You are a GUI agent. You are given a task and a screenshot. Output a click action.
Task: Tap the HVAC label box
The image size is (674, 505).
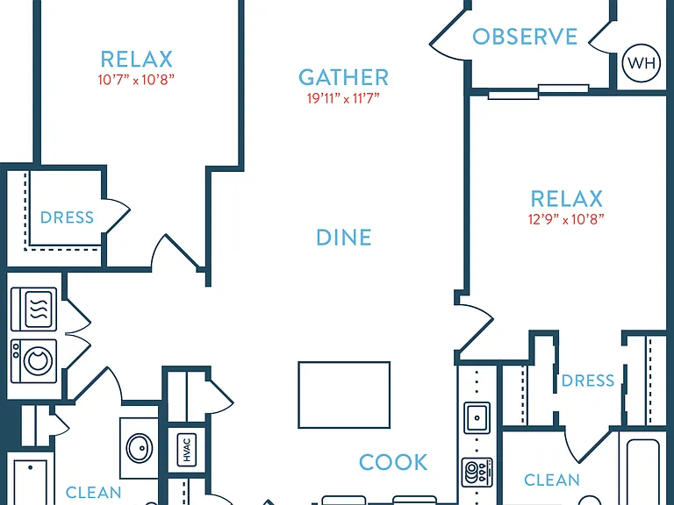pyautogui.click(x=187, y=450)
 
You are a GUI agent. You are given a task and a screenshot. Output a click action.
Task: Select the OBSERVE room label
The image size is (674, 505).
pyautogui.click(x=525, y=37)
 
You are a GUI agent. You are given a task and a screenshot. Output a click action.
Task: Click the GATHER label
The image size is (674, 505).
pyautogui.click(x=343, y=78)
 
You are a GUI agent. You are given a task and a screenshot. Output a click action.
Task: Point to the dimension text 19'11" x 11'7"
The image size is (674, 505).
pyautogui.click(x=343, y=98)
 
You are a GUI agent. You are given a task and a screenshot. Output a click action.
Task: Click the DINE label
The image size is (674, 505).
pyautogui.click(x=344, y=238)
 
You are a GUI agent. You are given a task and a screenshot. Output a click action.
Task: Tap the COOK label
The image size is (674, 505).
pyautogui.click(x=393, y=463)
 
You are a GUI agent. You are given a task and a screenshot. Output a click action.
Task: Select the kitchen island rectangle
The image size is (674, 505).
pyautogui.click(x=344, y=395)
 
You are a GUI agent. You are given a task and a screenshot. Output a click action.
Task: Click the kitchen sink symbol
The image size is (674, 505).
pyautogui.click(x=477, y=417)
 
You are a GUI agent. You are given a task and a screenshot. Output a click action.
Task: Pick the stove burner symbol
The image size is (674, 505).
pyautogui.click(x=477, y=473)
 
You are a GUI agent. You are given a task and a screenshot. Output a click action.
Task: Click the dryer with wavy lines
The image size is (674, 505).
pyautogui.click(x=34, y=309)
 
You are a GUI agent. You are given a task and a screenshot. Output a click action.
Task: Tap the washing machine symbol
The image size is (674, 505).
pyautogui.click(x=34, y=361)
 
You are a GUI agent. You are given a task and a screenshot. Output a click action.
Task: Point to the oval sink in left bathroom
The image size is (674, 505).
pyautogui.click(x=140, y=448)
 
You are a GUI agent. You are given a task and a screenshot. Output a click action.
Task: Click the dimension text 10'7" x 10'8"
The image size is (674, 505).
pyautogui.click(x=136, y=80)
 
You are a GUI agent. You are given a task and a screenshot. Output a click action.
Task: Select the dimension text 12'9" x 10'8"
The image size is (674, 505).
pyautogui.click(x=566, y=219)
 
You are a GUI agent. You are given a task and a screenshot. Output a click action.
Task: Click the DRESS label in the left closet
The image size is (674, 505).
pyautogui.click(x=67, y=217)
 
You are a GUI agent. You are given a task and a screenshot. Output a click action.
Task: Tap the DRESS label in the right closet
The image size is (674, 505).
pyautogui.click(x=588, y=381)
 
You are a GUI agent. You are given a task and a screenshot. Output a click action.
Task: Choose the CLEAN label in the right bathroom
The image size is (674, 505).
pyautogui.click(x=552, y=480)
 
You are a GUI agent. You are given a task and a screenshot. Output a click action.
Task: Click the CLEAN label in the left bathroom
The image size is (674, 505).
pyautogui.click(x=93, y=493)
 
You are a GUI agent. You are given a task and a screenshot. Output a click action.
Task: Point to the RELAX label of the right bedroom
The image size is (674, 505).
pyautogui.click(x=567, y=199)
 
